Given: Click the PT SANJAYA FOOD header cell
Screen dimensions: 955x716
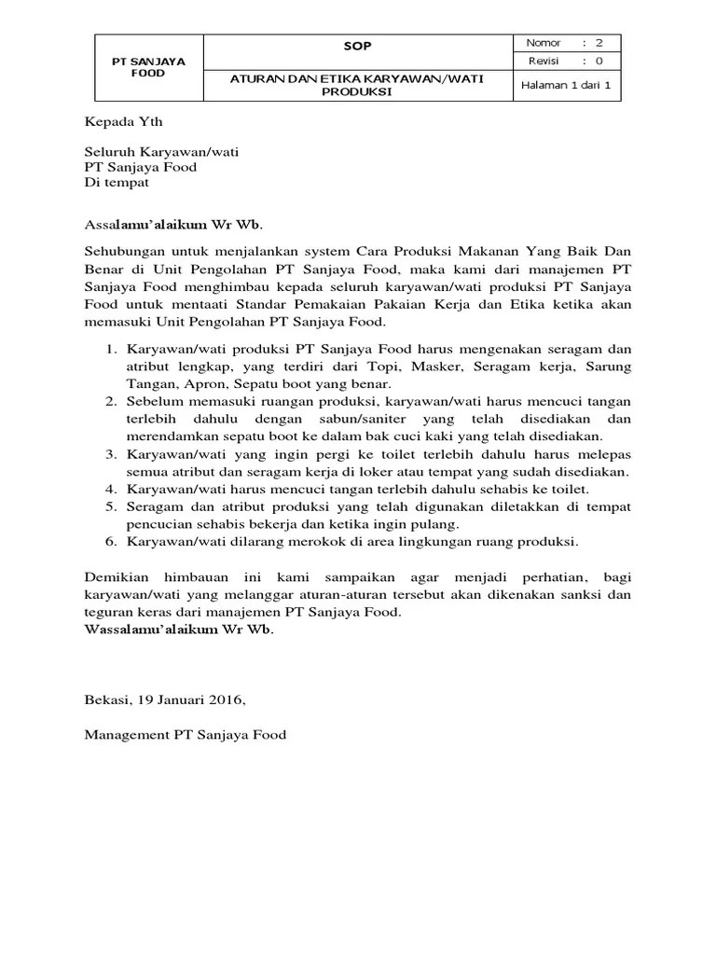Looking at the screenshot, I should [148, 67].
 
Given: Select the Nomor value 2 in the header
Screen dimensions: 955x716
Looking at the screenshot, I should [599, 43].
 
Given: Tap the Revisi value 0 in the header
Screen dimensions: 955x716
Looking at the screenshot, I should [599, 62].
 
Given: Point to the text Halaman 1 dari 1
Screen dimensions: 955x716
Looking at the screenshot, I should [566, 86].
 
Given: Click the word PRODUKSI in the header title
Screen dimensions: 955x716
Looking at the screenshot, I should [358, 92].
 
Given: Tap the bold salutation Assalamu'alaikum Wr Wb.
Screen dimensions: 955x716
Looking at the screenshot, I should [173, 224].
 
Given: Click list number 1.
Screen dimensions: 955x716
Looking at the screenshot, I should [109, 349].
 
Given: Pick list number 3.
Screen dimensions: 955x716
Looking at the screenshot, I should [109, 454].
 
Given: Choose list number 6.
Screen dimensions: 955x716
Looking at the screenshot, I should [109, 542].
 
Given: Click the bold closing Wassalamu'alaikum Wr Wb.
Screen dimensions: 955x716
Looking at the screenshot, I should [179, 630].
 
